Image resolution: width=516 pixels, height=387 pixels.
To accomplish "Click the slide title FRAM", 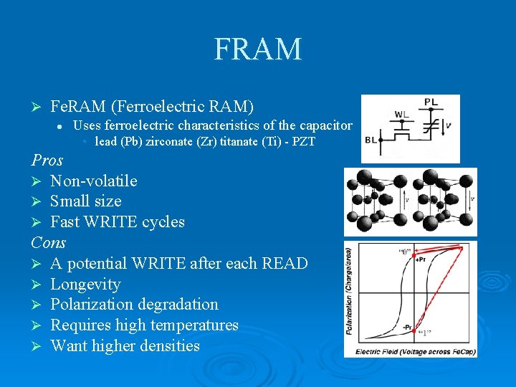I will tap(258, 49).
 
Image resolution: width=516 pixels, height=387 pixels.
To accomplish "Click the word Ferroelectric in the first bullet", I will tap(150, 107).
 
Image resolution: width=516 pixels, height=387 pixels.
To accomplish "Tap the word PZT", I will tap(304, 142).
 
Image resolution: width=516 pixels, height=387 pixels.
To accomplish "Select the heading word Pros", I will tap(47, 160).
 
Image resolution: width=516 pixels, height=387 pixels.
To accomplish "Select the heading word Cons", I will tap(49, 242).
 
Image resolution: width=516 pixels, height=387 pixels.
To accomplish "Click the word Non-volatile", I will tap(93, 181).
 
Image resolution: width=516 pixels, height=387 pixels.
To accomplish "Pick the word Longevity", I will tap(85, 284).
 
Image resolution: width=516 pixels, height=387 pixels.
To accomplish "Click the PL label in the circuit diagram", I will tap(431, 102).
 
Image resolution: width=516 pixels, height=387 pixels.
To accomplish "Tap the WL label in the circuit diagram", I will tap(401, 114).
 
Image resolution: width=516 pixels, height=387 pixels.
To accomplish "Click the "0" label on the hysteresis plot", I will tap(405, 252).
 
